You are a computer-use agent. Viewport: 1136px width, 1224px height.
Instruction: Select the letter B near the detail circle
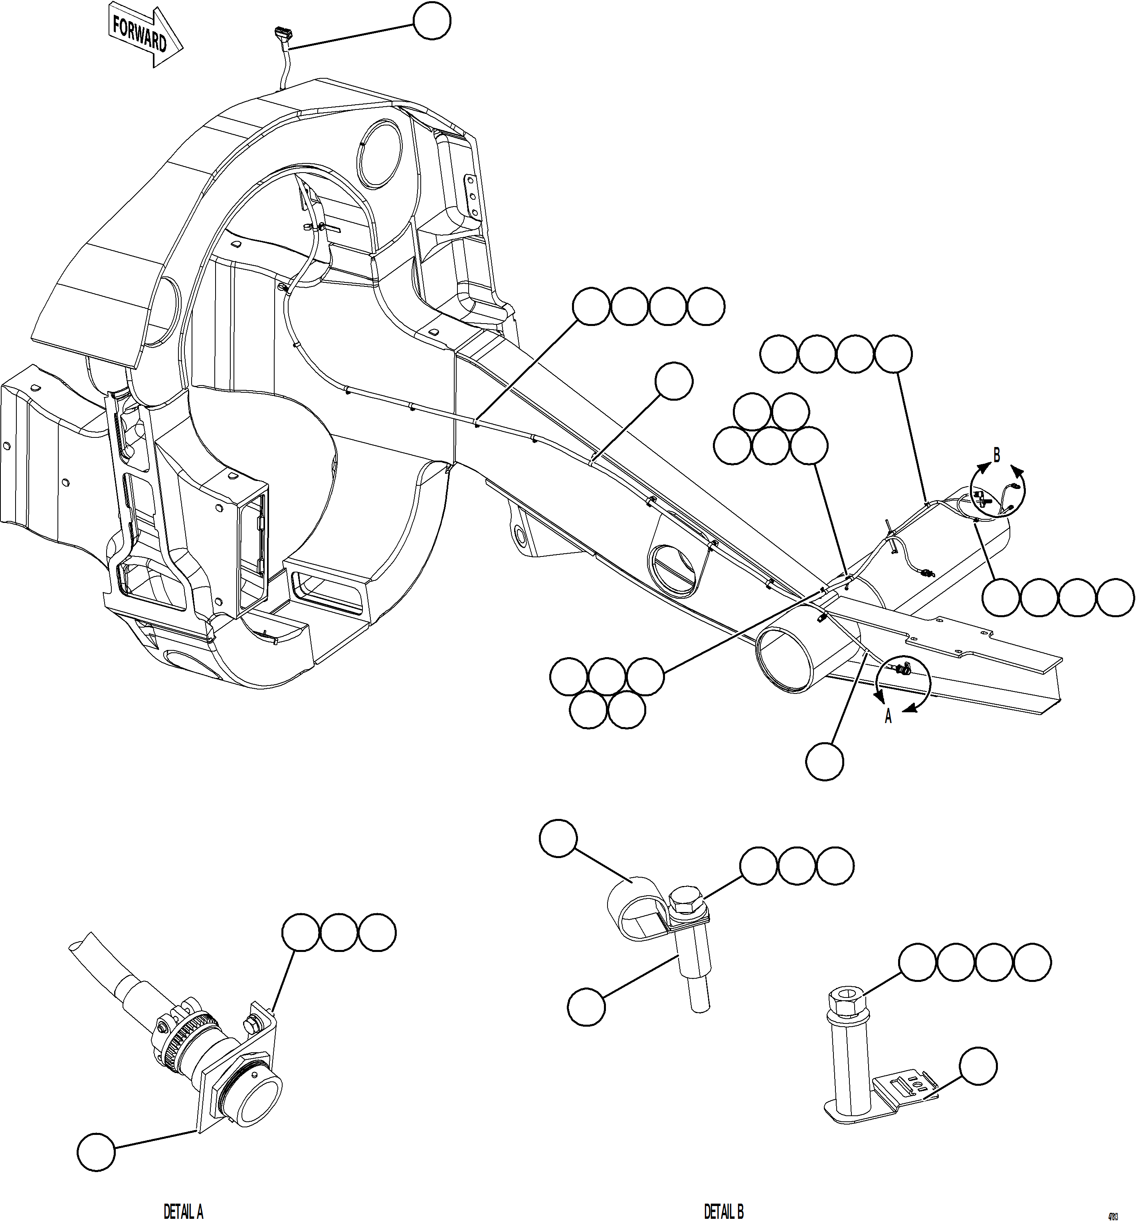point(996,456)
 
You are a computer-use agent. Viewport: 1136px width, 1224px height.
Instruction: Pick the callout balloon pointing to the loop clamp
point(558,838)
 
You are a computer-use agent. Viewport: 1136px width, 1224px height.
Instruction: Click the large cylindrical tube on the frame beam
point(793,656)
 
